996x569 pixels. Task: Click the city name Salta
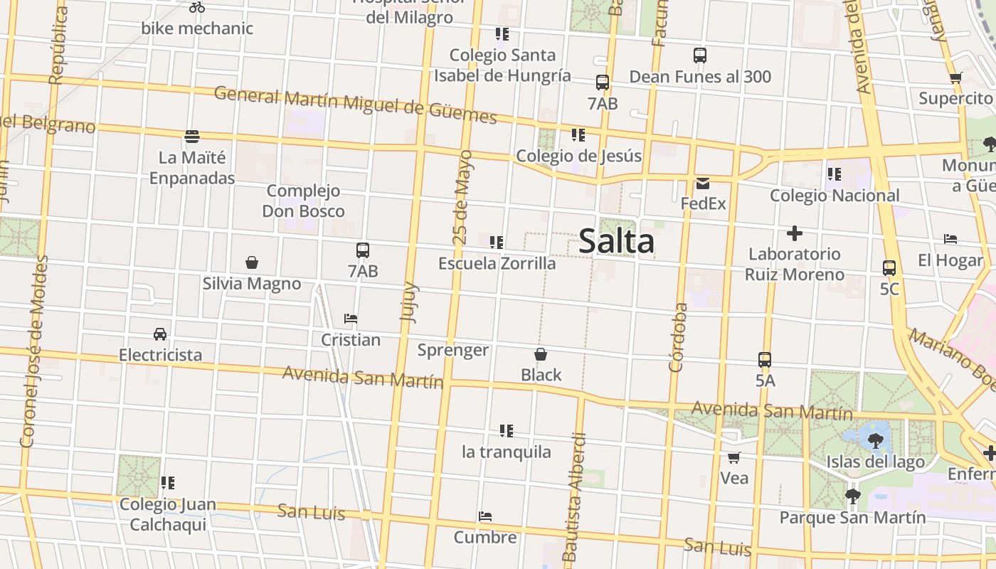[x=616, y=240]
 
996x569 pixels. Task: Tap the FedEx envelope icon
[x=703, y=184]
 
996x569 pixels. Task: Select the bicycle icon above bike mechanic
[x=197, y=7]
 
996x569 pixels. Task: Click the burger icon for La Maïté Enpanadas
[x=191, y=136]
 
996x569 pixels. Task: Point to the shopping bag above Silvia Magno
[x=251, y=262]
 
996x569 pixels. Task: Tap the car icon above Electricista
[x=160, y=334]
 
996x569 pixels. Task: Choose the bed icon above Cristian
[x=350, y=318]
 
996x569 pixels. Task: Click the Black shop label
[x=541, y=375]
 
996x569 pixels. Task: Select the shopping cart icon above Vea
[x=733, y=457]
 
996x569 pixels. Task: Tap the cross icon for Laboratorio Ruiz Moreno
[x=795, y=233]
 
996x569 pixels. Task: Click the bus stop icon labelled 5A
[x=765, y=360]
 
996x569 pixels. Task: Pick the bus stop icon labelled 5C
[x=889, y=268]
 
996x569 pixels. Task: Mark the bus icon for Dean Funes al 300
[x=700, y=55]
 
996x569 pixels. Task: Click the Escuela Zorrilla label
[x=497, y=263]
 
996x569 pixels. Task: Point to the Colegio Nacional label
[x=835, y=195]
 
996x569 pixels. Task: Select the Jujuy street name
[x=409, y=303]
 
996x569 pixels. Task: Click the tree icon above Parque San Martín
[x=852, y=496]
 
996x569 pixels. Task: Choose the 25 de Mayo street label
[x=462, y=197]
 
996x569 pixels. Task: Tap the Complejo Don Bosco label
[x=303, y=201]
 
